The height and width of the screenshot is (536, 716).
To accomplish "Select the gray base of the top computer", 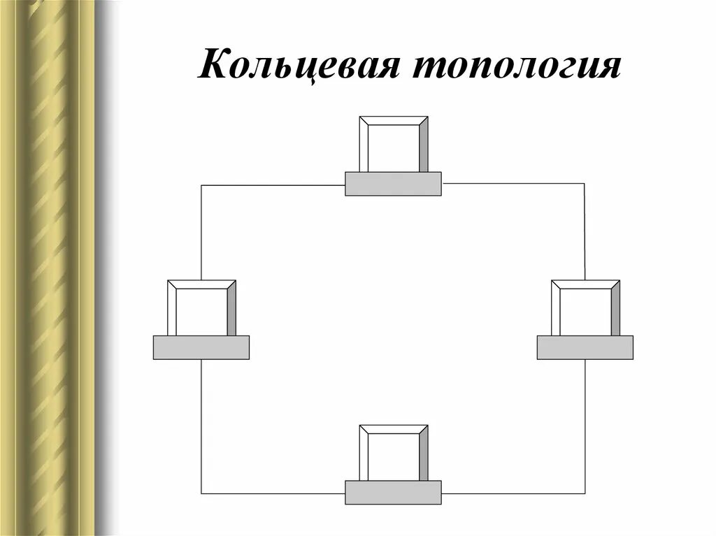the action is click(x=394, y=184).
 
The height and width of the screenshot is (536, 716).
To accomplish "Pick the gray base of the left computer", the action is click(x=201, y=347).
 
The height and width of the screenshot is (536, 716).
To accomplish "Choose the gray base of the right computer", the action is click(x=585, y=347).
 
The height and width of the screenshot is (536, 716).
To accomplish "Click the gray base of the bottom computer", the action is click(x=394, y=493).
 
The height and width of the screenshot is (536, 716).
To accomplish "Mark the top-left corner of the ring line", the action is click(x=201, y=185).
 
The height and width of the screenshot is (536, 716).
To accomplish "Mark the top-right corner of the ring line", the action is click(x=585, y=183).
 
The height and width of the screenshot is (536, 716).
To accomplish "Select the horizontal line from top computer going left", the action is click(x=273, y=185).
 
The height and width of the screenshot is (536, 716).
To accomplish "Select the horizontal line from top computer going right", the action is click(x=514, y=183).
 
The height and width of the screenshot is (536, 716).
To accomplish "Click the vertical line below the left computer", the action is click(x=201, y=426).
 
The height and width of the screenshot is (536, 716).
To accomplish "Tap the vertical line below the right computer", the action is click(x=585, y=426).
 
